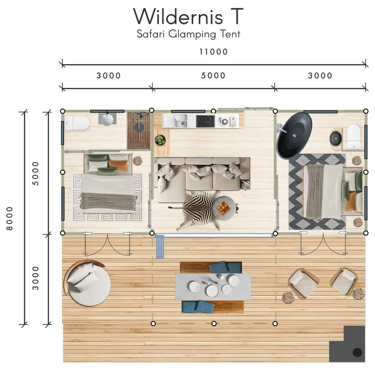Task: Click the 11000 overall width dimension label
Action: pos(214,52)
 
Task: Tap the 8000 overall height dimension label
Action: pos(10,219)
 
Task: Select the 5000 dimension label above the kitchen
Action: pos(214,75)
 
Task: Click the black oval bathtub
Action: pos(294,135)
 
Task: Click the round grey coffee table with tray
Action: pos(224,208)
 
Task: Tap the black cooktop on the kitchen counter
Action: pos(205,121)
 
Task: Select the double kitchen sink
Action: pos(181,120)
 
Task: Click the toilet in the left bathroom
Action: pos(77,123)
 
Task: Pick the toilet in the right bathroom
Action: pos(354,136)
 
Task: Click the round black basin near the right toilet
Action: pos(335,138)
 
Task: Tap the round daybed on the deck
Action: pos(87,283)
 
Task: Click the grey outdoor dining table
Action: pos(213,286)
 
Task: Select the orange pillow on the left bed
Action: pos(118,165)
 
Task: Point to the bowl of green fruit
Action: pos(160,140)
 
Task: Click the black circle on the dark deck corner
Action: pos(357,352)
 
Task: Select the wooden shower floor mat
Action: pos(139,131)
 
